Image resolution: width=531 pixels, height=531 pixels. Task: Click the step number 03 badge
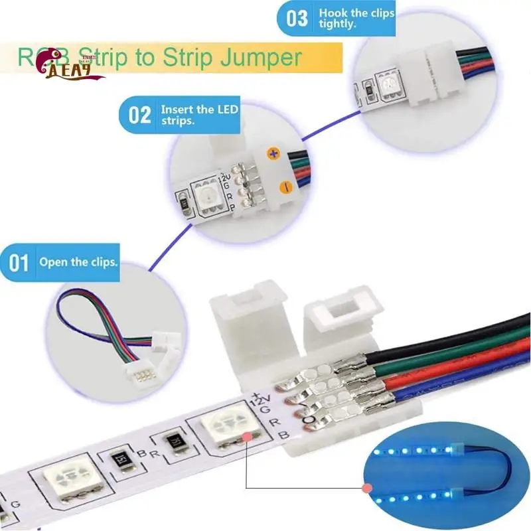[297, 18]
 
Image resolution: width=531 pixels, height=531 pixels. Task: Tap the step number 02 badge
[139, 115]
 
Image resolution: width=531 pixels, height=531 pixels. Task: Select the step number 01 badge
[19, 262]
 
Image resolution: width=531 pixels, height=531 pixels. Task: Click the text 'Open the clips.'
[78, 262]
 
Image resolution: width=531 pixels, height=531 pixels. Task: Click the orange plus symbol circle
[271, 153]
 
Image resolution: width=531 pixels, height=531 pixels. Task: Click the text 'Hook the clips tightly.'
[356, 18]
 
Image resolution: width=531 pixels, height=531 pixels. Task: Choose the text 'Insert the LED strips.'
[199, 115]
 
